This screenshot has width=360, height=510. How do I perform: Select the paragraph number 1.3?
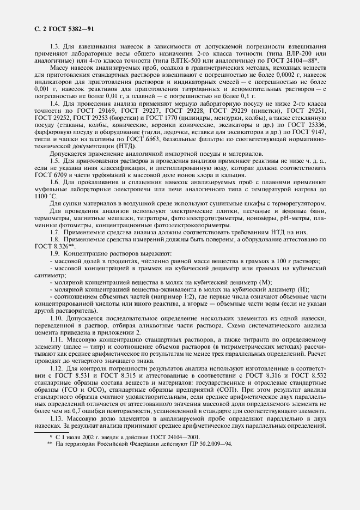point(54,46)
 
